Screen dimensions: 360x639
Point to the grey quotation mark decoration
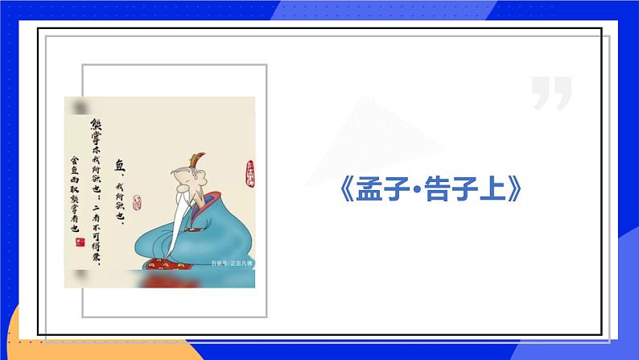pyautogui.click(x=551, y=93)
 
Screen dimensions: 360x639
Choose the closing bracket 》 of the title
pyautogui.click(x=517, y=189)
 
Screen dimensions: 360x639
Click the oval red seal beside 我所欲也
pyautogui.click(x=136, y=202)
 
